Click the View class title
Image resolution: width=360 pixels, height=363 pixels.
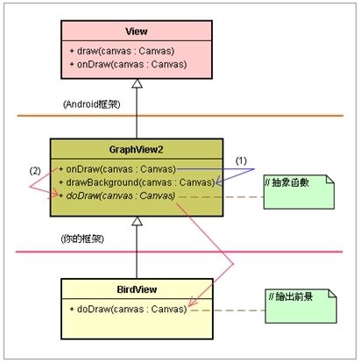tap(137, 32)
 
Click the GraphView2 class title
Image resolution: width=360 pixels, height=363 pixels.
tap(136, 150)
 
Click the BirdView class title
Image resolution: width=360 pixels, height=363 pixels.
tap(137, 289)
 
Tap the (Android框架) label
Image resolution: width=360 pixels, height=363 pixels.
tap(92, 104)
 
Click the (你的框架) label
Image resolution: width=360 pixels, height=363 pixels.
tap(82, 239)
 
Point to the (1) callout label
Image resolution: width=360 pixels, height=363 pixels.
tap(241, 160)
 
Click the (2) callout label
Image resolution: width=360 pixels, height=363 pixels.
tap(35, 171)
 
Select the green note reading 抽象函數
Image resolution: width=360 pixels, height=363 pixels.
tap(299, 192)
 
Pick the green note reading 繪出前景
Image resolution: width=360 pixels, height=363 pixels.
tap(300, 306)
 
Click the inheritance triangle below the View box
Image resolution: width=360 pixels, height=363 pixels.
tap(137, 83)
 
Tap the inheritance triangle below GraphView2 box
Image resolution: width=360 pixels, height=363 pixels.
tap(137, 221)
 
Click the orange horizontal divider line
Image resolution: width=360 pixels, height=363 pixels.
tap(180, 116)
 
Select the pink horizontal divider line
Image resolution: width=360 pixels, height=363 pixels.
tap(179, 252)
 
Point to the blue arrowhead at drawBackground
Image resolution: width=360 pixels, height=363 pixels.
tap(219, 182)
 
